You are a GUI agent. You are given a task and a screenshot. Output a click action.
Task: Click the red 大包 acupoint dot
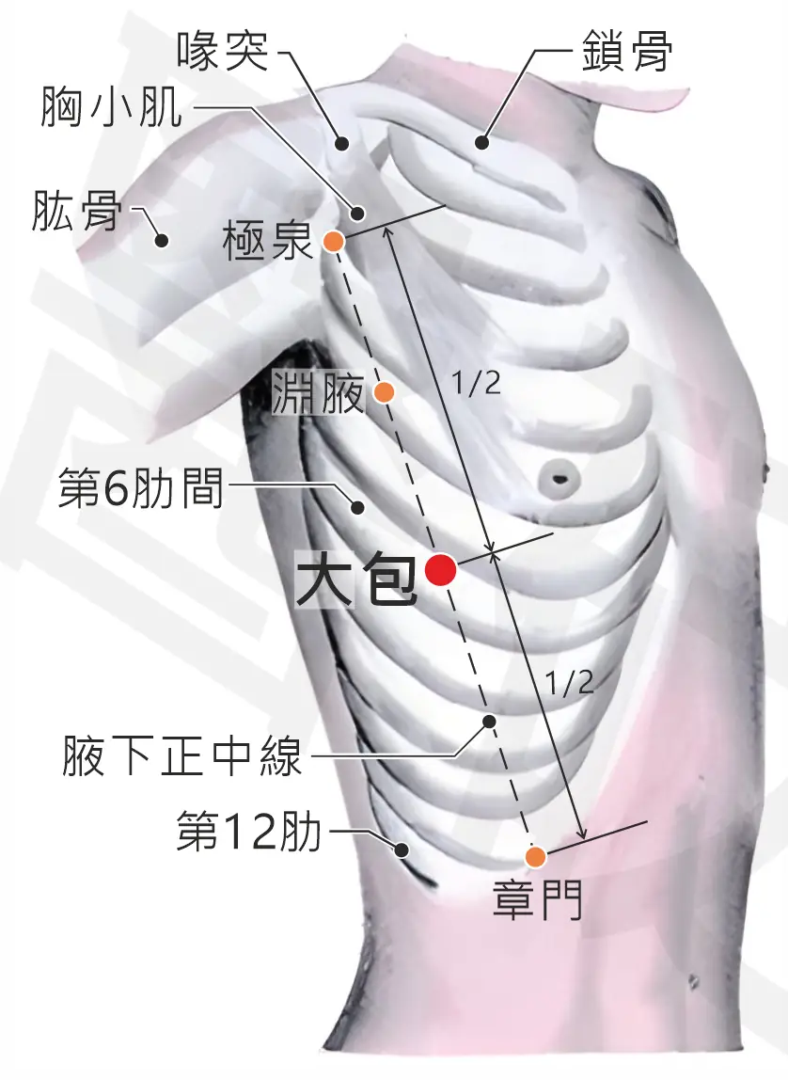pyautogui.click(x=440, y=570)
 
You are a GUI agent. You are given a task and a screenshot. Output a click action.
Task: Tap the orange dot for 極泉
pyautogui.click(x=334, y=241)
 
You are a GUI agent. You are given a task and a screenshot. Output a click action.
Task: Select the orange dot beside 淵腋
pyautogui.click(x=384, y=392)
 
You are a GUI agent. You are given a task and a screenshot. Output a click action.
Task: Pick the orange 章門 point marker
pyautogui.click(x=535, y=857)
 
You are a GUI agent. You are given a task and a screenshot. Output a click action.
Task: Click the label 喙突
pyautogui.click(x=223, y=52)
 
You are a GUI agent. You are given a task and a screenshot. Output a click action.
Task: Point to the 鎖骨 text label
pyautogui.click(x=626, y=52)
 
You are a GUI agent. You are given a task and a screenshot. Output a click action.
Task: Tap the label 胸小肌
pyautogui.click(x=112, y=106)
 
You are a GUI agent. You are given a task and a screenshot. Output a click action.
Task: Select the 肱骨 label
pyautogui.click(x=76, y=211)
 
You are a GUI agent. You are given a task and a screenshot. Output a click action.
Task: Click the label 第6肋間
pyautogui.click(x=141, y=487)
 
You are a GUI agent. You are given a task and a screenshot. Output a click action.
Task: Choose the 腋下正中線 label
pyautogui.click(x=182, y=755)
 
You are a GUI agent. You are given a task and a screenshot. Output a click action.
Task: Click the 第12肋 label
pyautogui.click(x=249, y=830)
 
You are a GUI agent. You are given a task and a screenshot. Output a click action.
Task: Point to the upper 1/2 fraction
pyautogui.click(x=476, y=382)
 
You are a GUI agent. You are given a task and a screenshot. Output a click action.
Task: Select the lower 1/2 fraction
pyautogui.click(x=569, y=682)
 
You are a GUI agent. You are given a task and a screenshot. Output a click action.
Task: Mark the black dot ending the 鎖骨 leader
pyautogui.click(x=481, y=143)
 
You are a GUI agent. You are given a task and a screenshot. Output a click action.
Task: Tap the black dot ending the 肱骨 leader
pyautogui.click(x=162, y=241)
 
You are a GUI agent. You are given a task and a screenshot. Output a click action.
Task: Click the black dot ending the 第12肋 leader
pyautogui.click(x=402, y=850)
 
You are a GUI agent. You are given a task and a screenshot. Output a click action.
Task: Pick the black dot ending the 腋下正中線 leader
pyautogui.click(x=489, y=722)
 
